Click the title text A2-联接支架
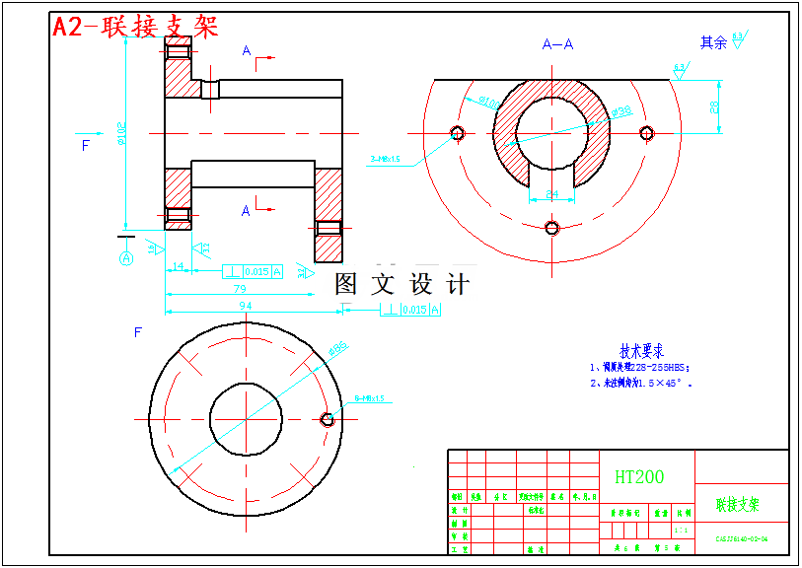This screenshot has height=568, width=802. (x=135, y=27)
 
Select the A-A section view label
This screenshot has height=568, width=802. (x=559, y=44)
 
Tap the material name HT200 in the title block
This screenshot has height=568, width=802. (x=639, y=477)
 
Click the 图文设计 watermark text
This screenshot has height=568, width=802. (x=401, y=285)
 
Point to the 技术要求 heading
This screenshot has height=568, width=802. (x=641, y=351)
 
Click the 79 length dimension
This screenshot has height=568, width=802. (x=240, y=290)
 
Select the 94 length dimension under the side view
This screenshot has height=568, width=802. (x=246, y=306)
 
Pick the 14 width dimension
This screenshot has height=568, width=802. (x=179, y=266)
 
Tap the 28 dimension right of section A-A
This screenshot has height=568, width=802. (x=714, y=106)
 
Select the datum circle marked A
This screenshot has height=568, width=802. (x=126, y=258)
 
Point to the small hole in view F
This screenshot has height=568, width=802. (x=328, y=419)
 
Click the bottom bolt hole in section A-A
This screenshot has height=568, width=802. (x=552, y=228)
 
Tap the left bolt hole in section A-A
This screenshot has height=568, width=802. (x=457, y=133)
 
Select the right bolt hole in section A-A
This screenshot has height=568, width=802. (x=647, y=133)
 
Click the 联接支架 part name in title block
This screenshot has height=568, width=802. (x=738, y=505)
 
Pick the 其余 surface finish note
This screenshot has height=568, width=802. (x=713, y=42)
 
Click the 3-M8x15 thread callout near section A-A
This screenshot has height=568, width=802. (x=385, y=158)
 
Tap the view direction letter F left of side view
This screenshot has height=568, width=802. (x=85, y=145)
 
